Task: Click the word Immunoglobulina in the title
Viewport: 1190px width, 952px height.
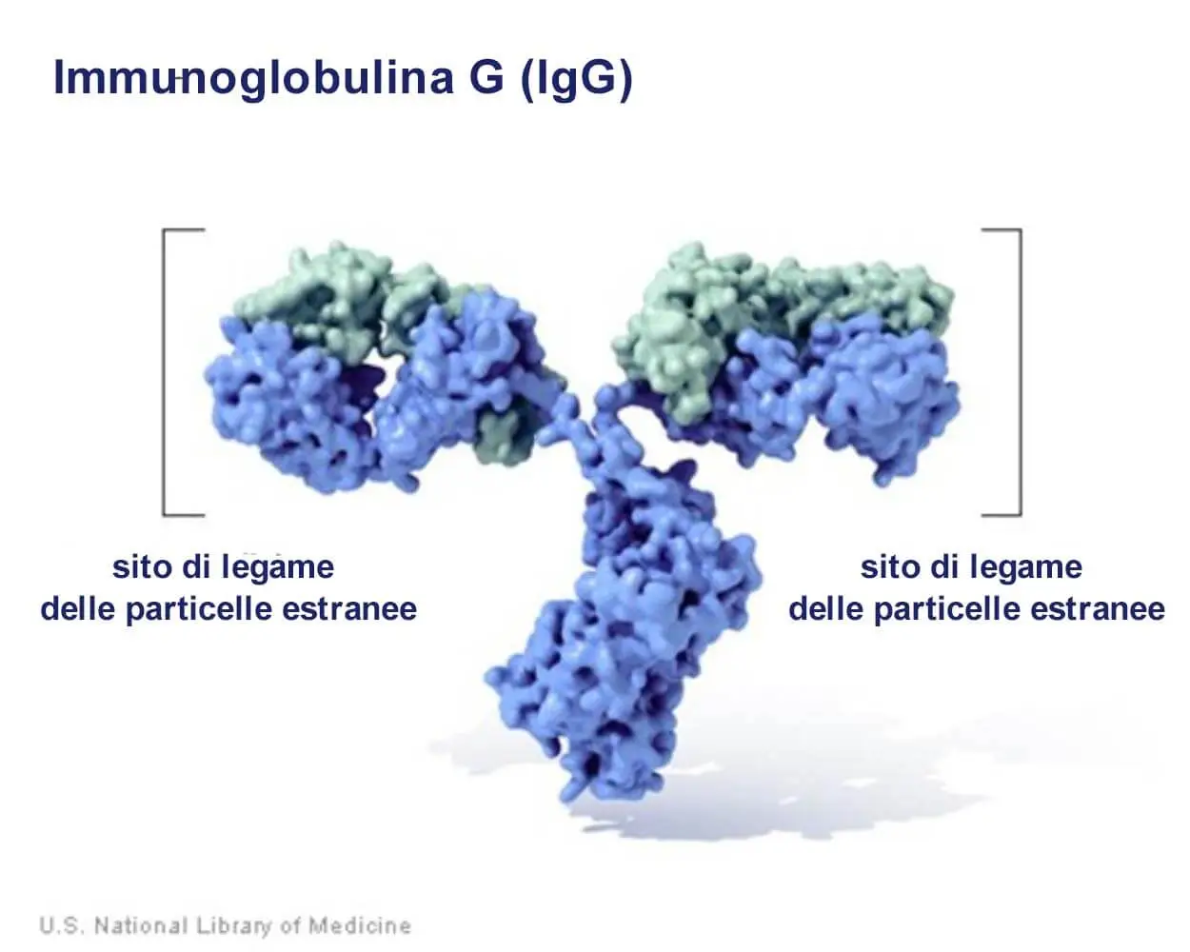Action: [x=253, y=79]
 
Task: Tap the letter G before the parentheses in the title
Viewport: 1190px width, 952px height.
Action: [x=486, y=78]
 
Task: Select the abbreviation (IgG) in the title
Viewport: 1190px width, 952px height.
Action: [x=577, y=80]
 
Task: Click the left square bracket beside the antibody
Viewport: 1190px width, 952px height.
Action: [x=165, y=371]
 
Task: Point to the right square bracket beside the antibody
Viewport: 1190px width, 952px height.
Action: [x=1020, y=371]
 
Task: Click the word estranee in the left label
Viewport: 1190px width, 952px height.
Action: [x=349, y=610]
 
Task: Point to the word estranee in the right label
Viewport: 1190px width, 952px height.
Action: [x=1098, y=610]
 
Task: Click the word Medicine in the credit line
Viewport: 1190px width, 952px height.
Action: [x=360, y=925]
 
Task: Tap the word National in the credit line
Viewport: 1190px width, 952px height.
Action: [x=141, y=925]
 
